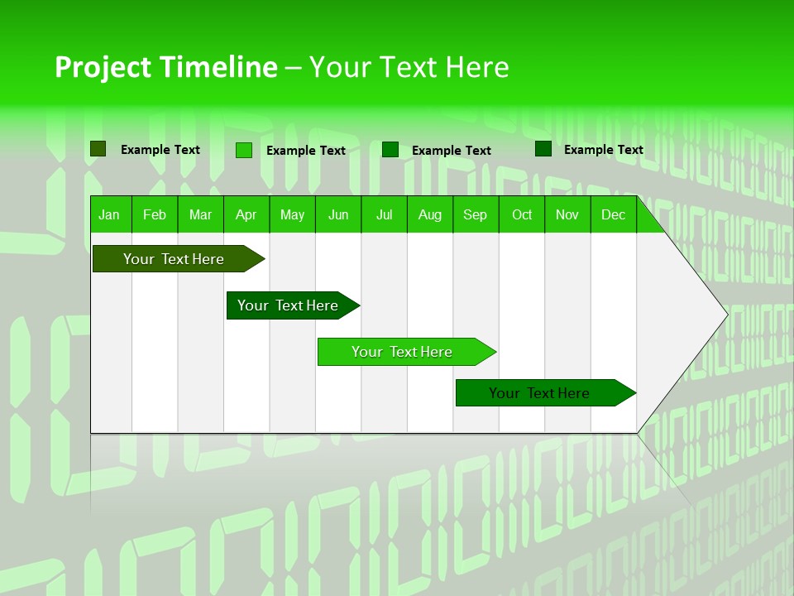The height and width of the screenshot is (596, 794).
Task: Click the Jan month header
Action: [109, 215]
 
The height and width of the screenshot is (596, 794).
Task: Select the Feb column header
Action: [155, 215]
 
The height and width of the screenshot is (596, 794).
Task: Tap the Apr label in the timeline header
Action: [246, 215]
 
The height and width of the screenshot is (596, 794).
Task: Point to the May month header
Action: [292, 215]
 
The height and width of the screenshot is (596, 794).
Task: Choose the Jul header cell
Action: [384, 215]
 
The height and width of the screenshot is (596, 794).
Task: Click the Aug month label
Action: [429, 215]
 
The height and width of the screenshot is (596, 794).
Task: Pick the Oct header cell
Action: [522, 215]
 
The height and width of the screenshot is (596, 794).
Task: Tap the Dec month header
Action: [613, 215]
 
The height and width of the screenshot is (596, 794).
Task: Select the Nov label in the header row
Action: [567, 215]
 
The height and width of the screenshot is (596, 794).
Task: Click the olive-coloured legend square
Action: [98, 149]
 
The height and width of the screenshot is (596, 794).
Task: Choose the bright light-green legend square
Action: [244, 150]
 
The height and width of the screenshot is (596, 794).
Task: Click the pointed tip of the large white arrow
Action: [725, 314]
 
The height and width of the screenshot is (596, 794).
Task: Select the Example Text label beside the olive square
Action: [160, 150]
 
